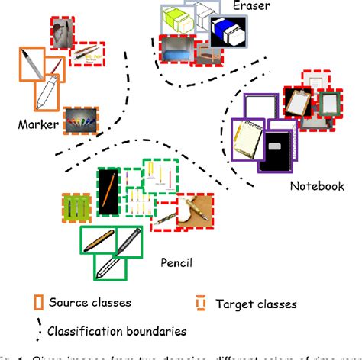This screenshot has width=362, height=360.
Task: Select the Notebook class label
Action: click(x=317, y=185)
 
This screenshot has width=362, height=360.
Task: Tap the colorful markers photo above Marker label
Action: click(x=80, y=119)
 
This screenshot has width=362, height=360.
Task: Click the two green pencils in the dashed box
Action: click(x=77, y=208)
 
